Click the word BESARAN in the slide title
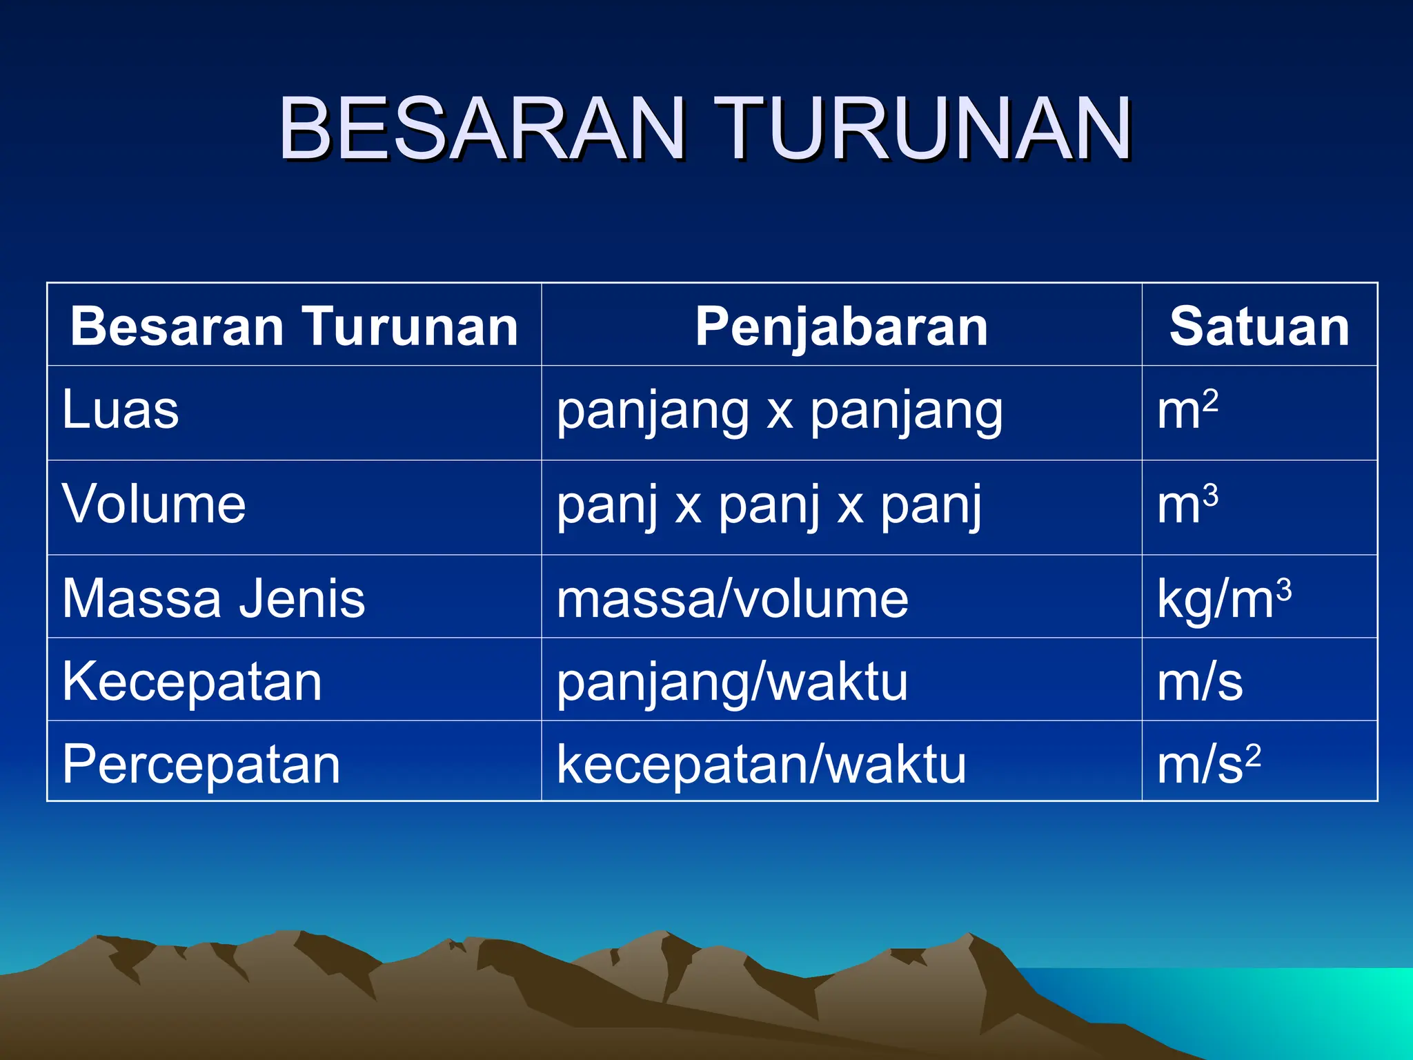pyautogui.click(x=482, y=129)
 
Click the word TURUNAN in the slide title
pyautogui.click(x=923, y=129)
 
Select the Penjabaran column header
pyautogui.click(x=841, y=326)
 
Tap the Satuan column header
pyautogui.click(x=1259, y=326)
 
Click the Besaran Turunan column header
pyautogui.click(x=294, y=326)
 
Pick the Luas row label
pyautogui.click(x=121, y=410)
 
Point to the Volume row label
pyautogui.click(x=154, y=504)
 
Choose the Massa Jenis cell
pyautogui.click(x=213, y=598)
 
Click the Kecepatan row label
pyautogui.click(x=192, y=682)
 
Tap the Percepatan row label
pyautogui.click(x=201, y=765)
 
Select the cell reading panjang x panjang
pyautogui.click(x=780, y=412)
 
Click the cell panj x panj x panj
pyautogui.click(x=769, y=506)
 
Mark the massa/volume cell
pyautogui.click(x=732, y=599)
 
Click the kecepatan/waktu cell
pyautogui.click(x=761, y=765)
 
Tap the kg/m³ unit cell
pyautogui.click(x=1224, y=598)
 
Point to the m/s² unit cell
pyautogui.click(x=1209, y=764)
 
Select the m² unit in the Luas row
pyautogui.click(x=1187, y=410)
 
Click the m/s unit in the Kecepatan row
pyautogui.click(x=1200, y=682)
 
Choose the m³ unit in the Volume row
pyautogui.click(x=1187, y=504)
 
